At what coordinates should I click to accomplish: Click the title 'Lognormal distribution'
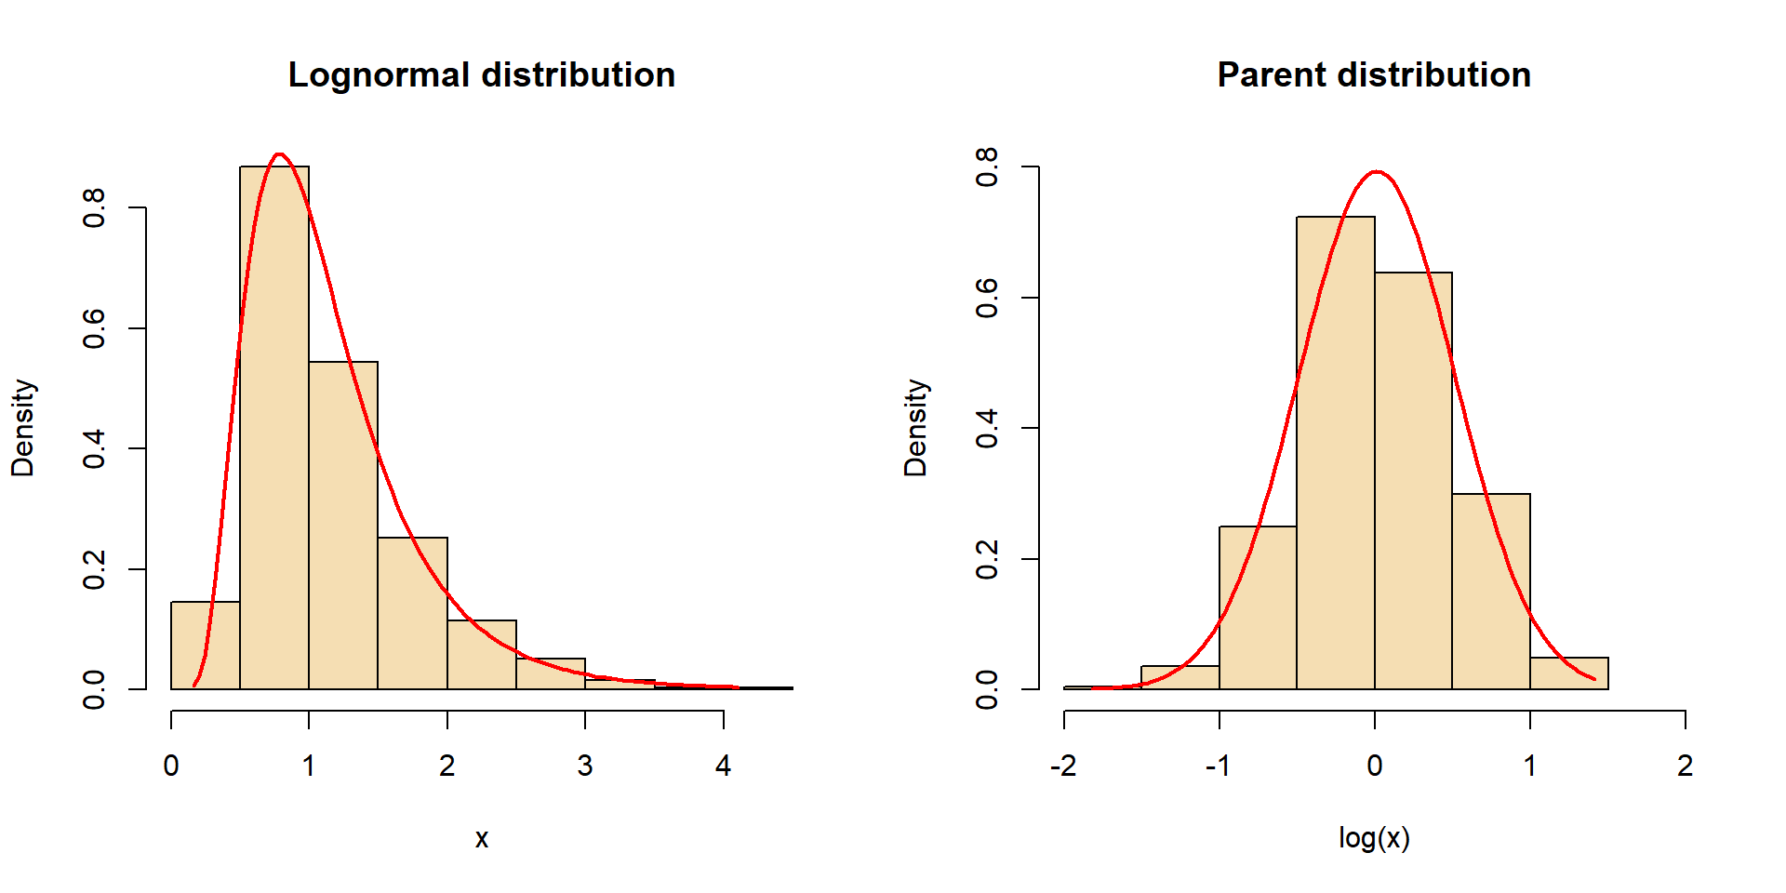click(x=481, y=75)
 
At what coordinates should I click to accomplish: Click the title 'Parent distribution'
click(x=1374, y=75)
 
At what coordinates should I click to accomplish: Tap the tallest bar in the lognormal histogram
click(x=274, y=428)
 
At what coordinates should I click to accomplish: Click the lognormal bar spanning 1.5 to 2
click(x=412, y=614)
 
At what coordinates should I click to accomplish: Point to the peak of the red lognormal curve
click(x=279, y=154)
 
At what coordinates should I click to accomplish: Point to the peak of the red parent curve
click(x=1376, y=172)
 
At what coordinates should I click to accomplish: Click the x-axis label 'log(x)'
click(x=1374, y=838)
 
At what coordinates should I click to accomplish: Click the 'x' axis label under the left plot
click(x=482, y=839)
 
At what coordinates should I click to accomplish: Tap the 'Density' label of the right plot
click(x=916, y=428)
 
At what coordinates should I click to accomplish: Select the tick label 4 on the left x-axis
click(x=723, y=766)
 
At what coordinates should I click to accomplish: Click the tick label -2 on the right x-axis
click(x=1063, y=766)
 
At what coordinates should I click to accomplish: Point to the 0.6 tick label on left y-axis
click(x=94, y=328)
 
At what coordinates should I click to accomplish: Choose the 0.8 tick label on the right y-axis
click(x=987, y=167)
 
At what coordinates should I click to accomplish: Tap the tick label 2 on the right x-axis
click(x=1685, y=766)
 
